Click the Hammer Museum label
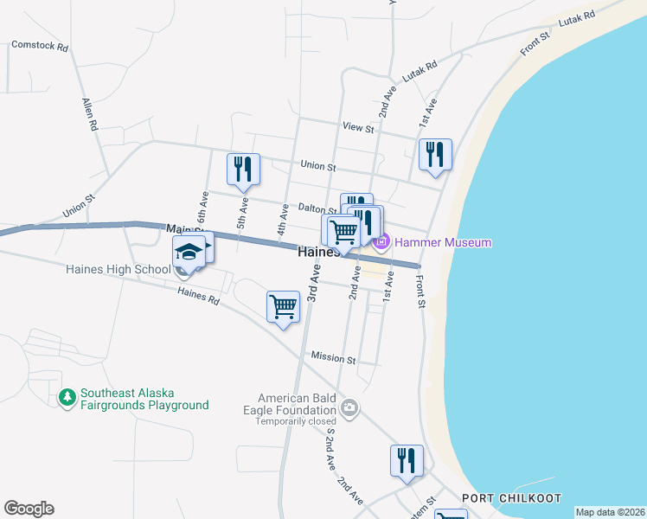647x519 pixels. pyautogui.click(x=443, y=242)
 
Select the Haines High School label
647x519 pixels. pyautogui.click(x=119, y=269)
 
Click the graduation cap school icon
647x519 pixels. pyautogui.click(x=189, y=251)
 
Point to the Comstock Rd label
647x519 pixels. pyautogui.click(x=39, y=47)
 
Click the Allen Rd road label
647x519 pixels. pyautogui.click(x=88, y=114)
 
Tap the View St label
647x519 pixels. pyautogui.click(x=357, y=127)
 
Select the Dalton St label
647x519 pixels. pyautogui.click(x=317, y=209)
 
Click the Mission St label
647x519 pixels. pyautogui.click(x=333, y=358)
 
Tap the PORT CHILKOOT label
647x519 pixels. pyautogui.click(x=511, y=498)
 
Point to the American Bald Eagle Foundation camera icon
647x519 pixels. pyautogui.click(x=349, y=407)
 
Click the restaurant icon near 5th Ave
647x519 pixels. pyautogui.click(x=243, y=169)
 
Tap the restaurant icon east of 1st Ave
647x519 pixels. pyautogui.click(x=435, y=155)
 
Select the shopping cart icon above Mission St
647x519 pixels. pyautogui.click(x=284, y=306)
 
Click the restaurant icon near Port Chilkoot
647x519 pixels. pyautogui.click(x=407, y=460)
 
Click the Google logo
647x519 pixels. pyautogui.click(x=29, y=509)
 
